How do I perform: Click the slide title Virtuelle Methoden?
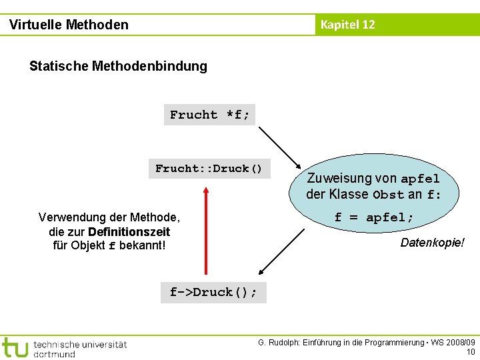coord(69,25)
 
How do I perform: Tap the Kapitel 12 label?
coord(347,25)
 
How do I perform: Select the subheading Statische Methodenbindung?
coord(118,66)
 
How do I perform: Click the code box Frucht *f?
coord(210,115)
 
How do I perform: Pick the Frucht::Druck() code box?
coord(209,169)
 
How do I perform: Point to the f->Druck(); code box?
coord(213,292)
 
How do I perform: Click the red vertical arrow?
coord(207,230)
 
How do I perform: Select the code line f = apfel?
coord(374,217)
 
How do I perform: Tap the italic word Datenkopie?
coord(432,243)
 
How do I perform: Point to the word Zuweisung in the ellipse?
coord(339,179)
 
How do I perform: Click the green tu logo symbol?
coord(15,347)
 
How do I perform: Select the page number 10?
coord(470,352)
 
